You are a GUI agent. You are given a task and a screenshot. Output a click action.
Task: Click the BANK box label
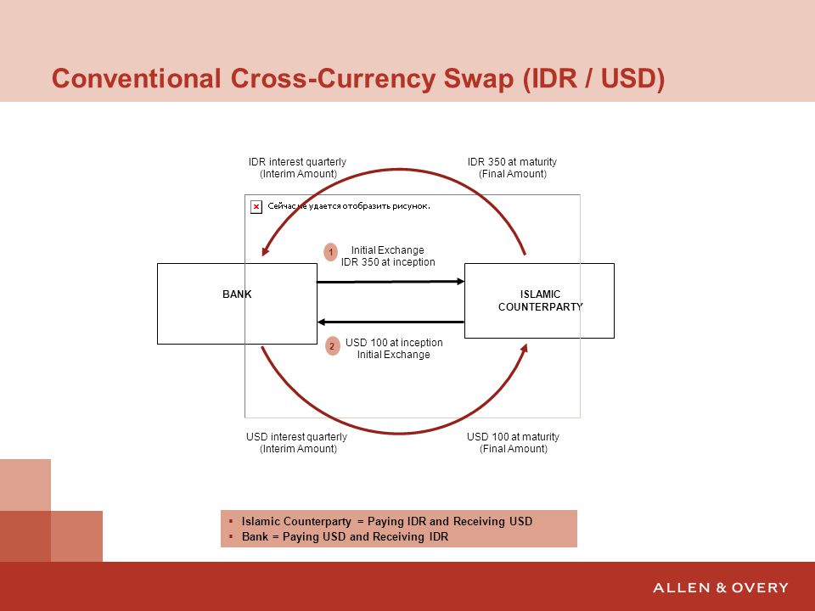(237, 294)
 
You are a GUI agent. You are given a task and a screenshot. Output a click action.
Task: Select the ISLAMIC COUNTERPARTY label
(541, 300)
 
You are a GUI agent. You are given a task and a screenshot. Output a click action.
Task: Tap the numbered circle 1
(330, 252)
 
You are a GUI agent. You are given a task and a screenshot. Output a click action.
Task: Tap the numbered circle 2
(332, 346)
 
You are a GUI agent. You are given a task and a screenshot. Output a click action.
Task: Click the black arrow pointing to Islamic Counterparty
(391, 282)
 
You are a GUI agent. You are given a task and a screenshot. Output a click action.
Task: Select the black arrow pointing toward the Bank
(391, 322)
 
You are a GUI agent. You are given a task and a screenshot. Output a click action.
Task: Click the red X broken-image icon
(256, 207)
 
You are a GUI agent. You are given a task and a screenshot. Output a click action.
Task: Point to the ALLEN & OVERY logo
(721, 587)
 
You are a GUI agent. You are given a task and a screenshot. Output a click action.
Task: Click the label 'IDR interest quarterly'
(297, 162)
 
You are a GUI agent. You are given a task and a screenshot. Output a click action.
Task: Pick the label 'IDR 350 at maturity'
(512, 162)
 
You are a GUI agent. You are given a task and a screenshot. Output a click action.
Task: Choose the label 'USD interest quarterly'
(297, 437)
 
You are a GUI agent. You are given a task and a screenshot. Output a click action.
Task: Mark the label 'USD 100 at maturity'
(513, 437)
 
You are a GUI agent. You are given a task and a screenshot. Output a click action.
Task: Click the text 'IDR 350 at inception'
(388, 262)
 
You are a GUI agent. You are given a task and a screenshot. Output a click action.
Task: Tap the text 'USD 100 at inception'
(394, 343)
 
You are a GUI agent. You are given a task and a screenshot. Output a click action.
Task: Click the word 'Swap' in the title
(478, 79)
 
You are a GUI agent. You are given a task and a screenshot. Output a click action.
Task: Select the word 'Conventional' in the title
(136, 79)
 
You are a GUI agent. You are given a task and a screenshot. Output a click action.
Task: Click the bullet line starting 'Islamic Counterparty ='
(387, 522)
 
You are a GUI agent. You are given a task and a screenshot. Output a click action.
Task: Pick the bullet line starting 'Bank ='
(345, 536)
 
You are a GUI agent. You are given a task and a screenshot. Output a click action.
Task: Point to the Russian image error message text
(349, 206)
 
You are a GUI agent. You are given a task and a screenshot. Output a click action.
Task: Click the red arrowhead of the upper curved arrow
(265, 251)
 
